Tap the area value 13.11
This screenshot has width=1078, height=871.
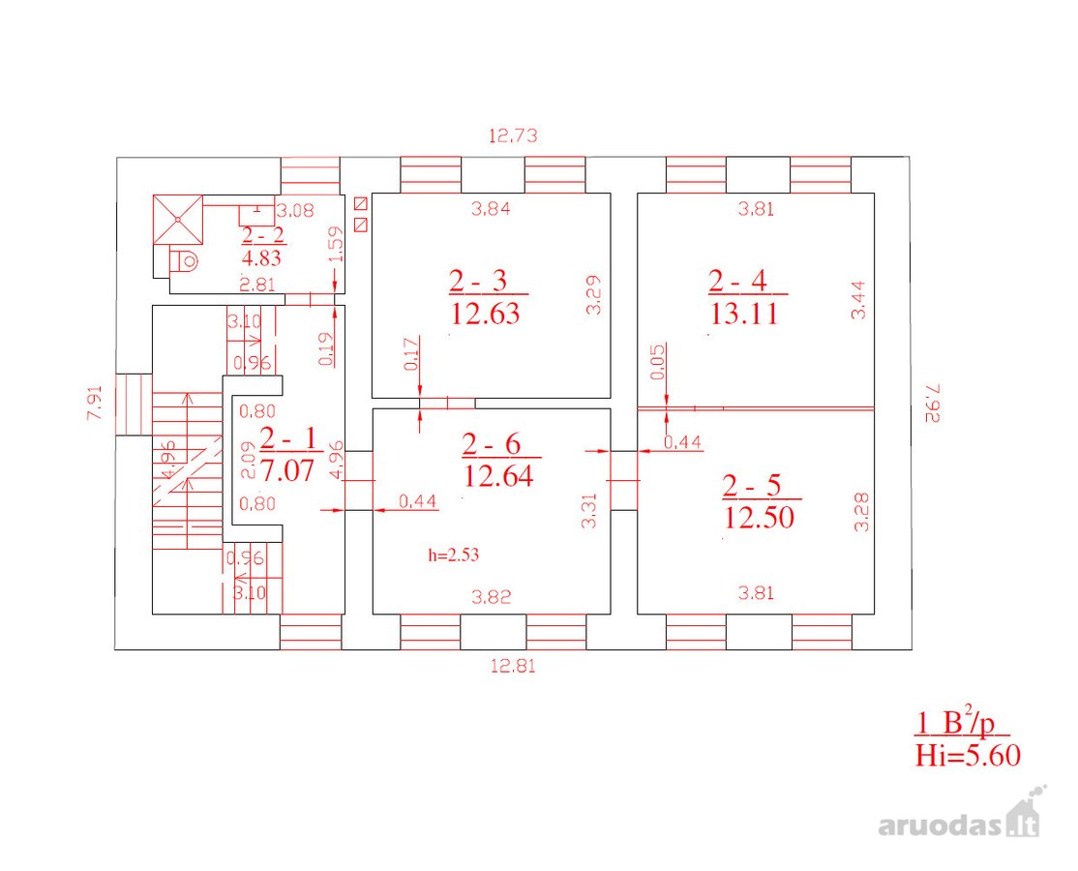744,315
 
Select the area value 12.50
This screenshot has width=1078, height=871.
759,517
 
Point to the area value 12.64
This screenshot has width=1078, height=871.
498,476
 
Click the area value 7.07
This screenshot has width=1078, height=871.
287,471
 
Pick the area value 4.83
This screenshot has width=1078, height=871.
262,258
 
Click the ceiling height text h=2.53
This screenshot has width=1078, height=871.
453,555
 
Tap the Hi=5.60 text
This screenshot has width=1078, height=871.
968,756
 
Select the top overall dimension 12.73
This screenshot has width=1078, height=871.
513,135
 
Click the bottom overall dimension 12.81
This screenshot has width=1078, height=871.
513,666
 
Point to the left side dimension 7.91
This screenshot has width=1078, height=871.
95,403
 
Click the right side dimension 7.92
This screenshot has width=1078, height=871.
931,403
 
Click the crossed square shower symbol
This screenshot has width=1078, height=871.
178,220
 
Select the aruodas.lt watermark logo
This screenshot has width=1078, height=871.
961,816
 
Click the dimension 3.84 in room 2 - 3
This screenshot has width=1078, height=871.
491,209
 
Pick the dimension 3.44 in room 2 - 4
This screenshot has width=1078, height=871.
858,300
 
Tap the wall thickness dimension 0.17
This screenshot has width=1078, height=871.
411,354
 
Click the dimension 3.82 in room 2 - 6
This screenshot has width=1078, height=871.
492,597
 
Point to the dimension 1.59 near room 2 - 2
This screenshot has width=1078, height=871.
336,244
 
